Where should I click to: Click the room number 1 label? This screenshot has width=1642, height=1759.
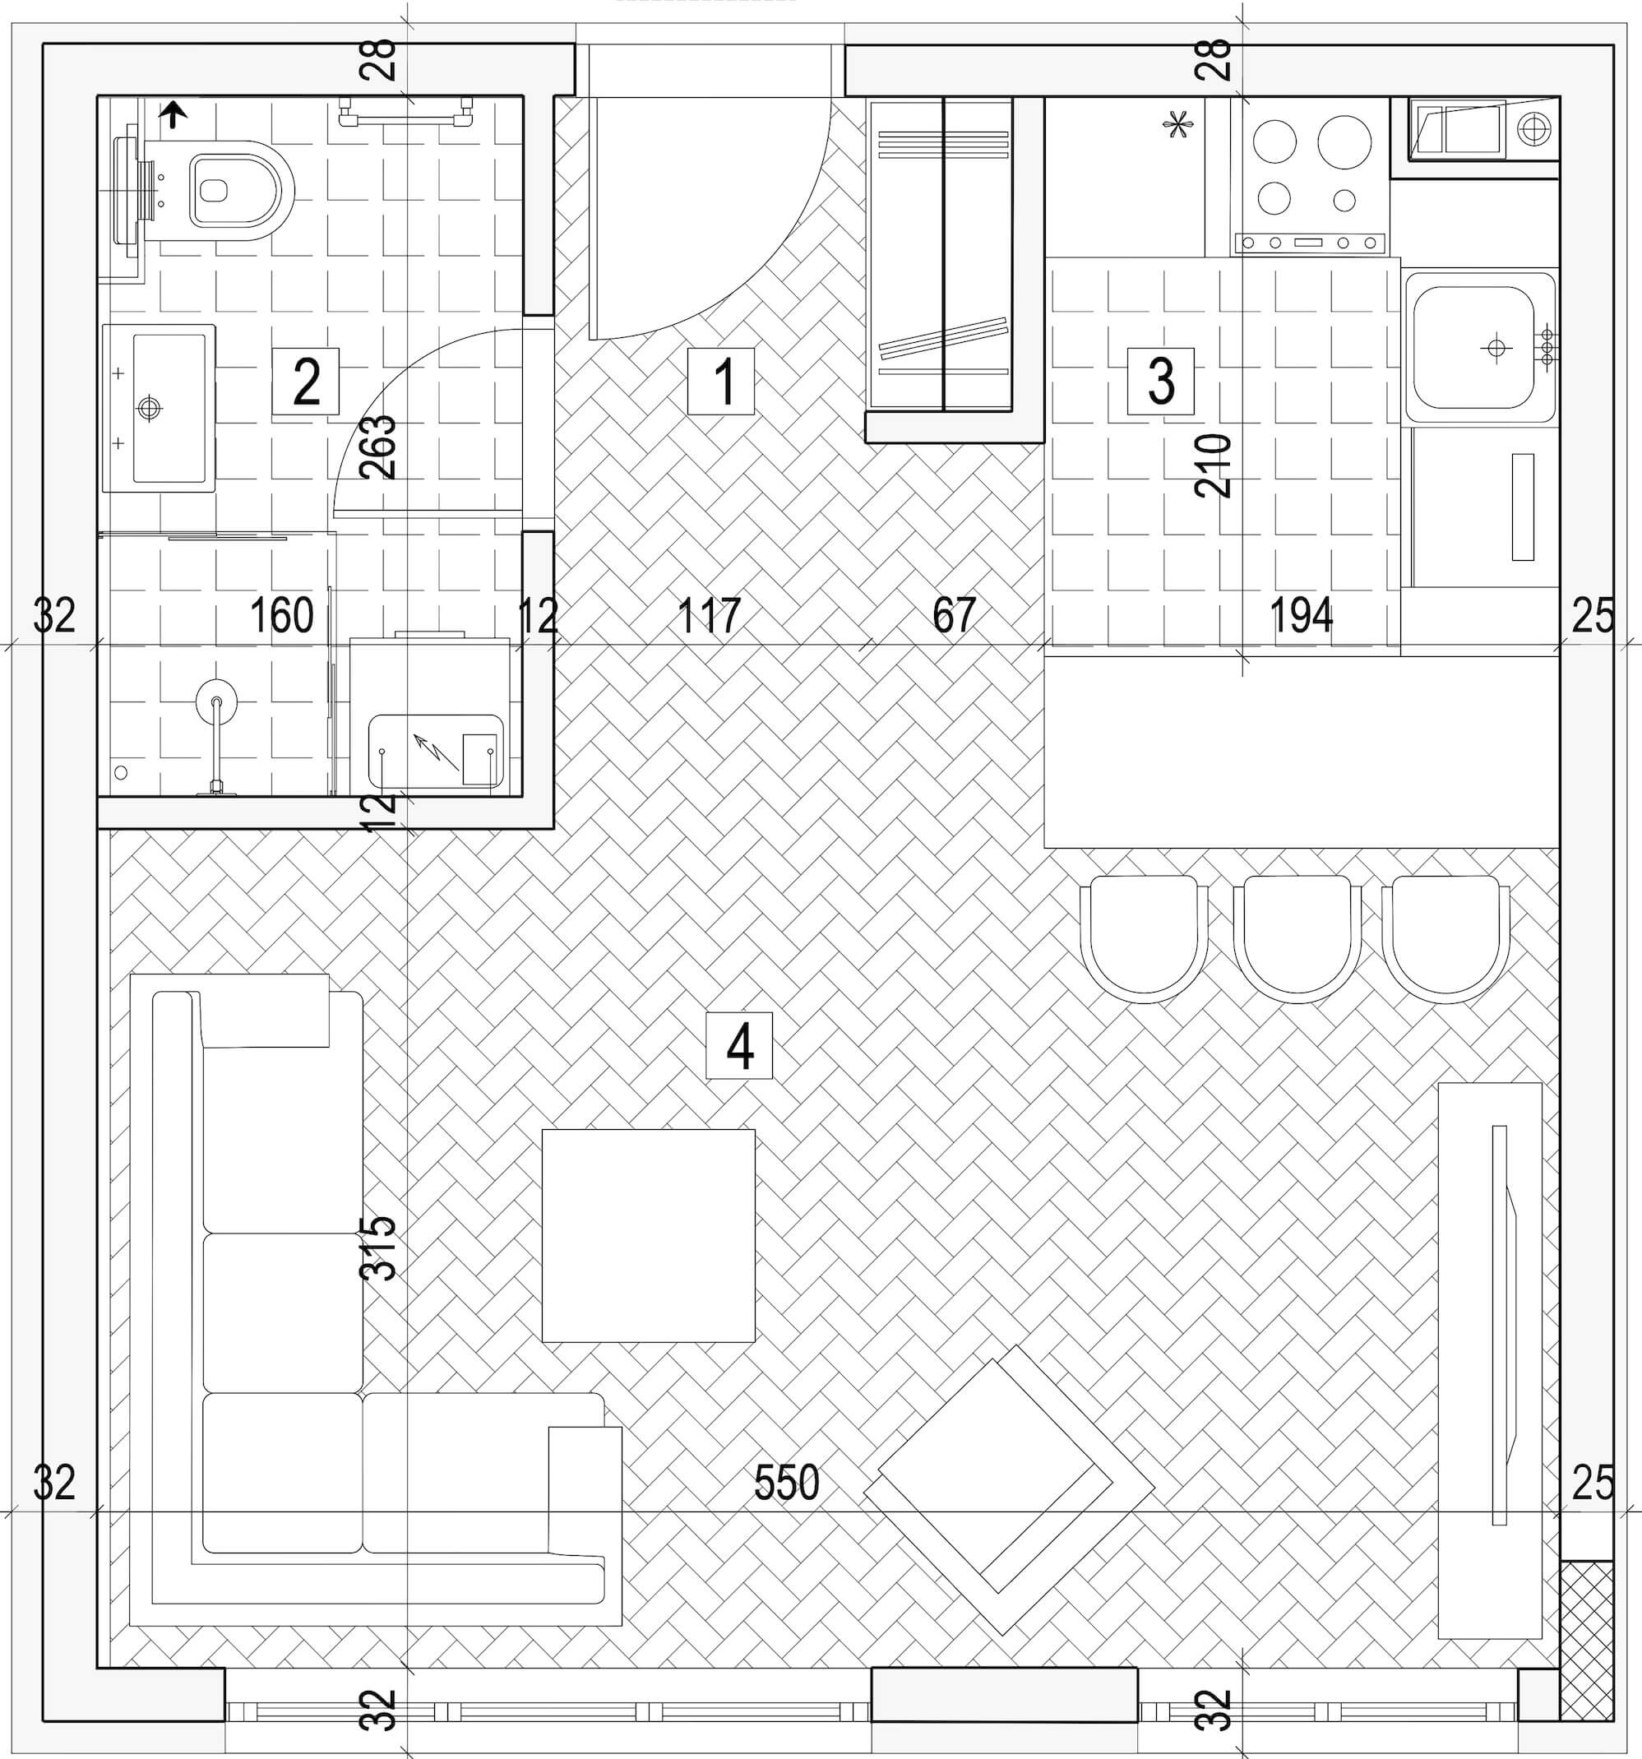tap(721, 382)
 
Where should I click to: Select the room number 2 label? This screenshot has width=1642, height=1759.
tap(305, 382)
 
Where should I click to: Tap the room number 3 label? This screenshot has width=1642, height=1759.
tap(1161, 382)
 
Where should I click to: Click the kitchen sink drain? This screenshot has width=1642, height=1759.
tap(1495, 348)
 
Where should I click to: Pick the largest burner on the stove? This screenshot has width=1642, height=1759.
tap(1344, 141)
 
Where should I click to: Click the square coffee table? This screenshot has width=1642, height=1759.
tap(649, 1236)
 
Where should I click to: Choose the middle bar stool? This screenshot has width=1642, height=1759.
tap(1297, 939)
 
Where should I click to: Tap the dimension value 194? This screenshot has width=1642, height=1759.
tap(1301, 615)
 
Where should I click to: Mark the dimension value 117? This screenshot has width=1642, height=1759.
tap(709, 615)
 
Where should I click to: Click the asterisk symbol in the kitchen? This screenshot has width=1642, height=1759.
tap(1177, 127)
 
